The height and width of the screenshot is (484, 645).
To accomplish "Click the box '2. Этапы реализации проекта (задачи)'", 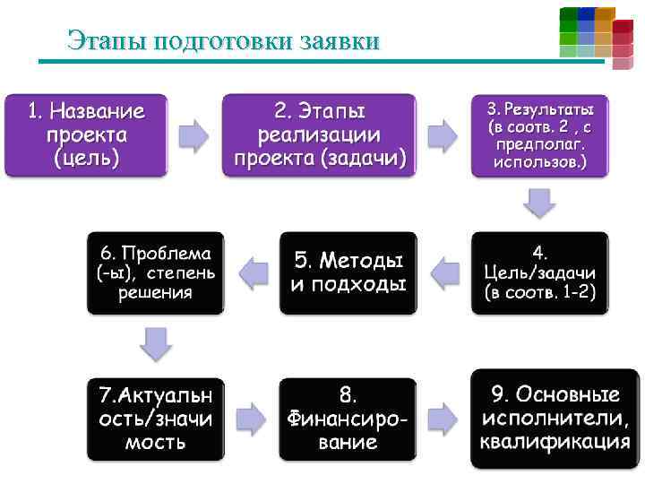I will click(319, 135).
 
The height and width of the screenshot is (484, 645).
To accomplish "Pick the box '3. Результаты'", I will click(539, 135).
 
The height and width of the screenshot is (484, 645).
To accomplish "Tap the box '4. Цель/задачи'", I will click(539, 272).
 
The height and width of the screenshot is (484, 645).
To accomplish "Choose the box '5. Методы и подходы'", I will click(348, 272).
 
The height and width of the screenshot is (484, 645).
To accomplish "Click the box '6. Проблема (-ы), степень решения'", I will click(155, 272).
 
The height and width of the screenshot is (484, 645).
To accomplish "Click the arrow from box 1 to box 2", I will click(193, 135).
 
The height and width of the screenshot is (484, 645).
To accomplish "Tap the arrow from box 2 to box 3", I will click(442, 135).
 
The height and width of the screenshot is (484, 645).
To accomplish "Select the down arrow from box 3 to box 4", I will click(539, 203).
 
